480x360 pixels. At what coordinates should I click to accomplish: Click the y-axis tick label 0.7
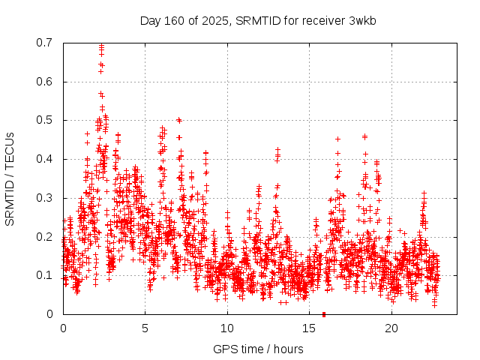tap(46, 43)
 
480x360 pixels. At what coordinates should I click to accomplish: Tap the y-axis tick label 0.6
tap(46, 82)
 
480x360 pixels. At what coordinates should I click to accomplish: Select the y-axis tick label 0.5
tap(46, 120)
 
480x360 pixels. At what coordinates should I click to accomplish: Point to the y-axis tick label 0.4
tap(46, 159)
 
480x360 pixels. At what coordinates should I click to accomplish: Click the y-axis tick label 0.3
tap(46, 198)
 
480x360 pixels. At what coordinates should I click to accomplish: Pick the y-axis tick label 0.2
tap(46, 237)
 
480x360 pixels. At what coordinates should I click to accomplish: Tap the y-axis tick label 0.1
tap(46, 275)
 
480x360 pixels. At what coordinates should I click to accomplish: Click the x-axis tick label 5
tap(145, 328)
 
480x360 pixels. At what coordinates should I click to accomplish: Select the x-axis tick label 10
tap(227, 328)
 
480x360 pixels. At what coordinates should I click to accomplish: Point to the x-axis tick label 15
tap(310, 328)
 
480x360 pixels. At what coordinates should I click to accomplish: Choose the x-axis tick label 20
tap(391, 328)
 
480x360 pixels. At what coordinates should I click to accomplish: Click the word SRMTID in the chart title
tap(259, 20)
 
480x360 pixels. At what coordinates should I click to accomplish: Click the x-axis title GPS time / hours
tap(258, 349)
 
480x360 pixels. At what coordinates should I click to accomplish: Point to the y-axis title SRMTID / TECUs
tap(10, 178)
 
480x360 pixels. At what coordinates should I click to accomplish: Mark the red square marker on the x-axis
tap(324, 314)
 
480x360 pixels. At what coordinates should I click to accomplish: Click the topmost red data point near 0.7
tap(101, 46)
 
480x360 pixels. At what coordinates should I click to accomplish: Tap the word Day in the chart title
tap(151, 20)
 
